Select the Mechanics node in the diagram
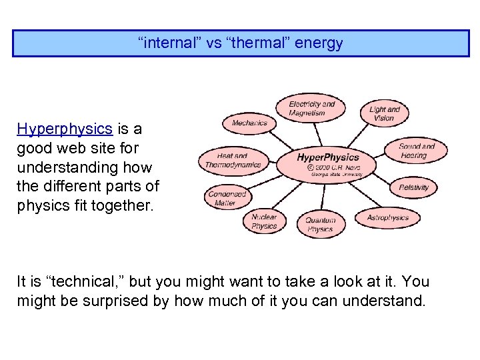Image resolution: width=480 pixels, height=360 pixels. (x=249, y=123)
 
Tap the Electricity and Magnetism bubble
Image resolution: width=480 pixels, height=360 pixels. (x=311, y=109)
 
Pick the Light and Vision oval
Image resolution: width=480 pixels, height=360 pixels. (x=384, y=114)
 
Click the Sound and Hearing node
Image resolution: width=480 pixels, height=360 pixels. (x=416, y=151)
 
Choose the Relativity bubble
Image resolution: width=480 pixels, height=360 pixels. (x=413, y=187)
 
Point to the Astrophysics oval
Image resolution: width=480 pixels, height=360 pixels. (x=387, y=217)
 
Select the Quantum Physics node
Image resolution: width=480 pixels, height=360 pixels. (x=320, y=225)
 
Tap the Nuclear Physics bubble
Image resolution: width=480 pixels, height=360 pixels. (x=264, y=221)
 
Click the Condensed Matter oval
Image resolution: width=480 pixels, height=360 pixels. (x=227, y=198)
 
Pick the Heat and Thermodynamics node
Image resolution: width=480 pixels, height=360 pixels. (x=233, y=160)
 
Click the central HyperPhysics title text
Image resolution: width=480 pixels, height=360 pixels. (x=327, y=158)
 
